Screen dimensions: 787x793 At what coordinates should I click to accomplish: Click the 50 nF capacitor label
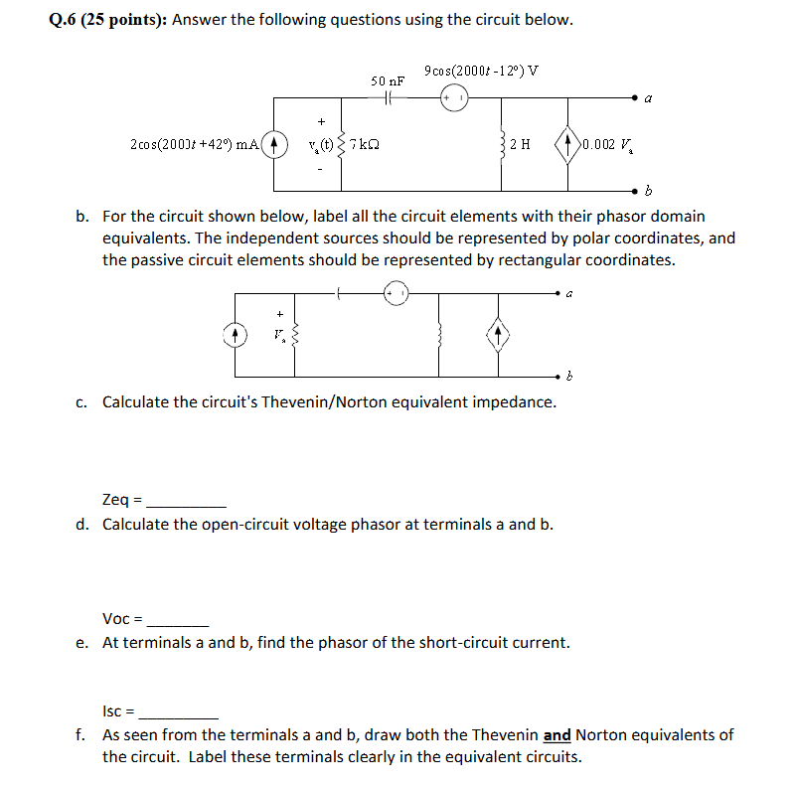pos(388,79)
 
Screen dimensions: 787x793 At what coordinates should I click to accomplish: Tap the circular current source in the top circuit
pos(276,144)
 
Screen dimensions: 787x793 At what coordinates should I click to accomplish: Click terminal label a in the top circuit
pos(648,99)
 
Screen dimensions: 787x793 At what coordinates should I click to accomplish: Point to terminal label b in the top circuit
pos(648,190)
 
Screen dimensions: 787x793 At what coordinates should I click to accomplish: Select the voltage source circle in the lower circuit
pos(396,292)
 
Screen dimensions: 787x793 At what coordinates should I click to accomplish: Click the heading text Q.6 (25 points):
pos(108,21)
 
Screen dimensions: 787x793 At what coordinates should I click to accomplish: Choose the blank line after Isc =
pos(179,712)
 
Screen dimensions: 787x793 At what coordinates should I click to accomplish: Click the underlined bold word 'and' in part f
pos(557,735)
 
